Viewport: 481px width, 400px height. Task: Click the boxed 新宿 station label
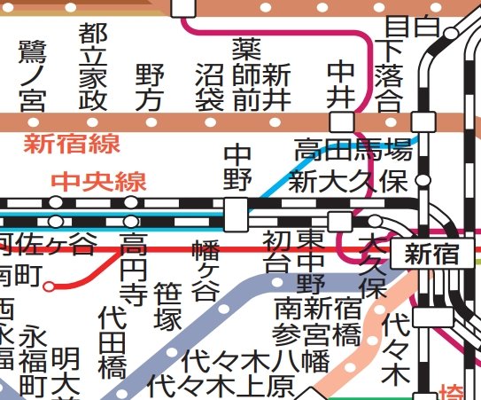(x=432, y=255)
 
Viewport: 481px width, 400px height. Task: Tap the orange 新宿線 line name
(x=72, y=143)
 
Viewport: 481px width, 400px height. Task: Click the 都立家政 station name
(x=91, y=66)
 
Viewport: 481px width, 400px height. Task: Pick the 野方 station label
(x=150, y=86)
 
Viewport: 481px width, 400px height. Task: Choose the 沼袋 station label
(x=209, y=86)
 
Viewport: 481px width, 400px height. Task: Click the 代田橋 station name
(x=112, y=341)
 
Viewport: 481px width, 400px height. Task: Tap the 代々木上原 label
(x=221, y=387)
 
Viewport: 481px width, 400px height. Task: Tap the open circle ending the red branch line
(x=50, y=286)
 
